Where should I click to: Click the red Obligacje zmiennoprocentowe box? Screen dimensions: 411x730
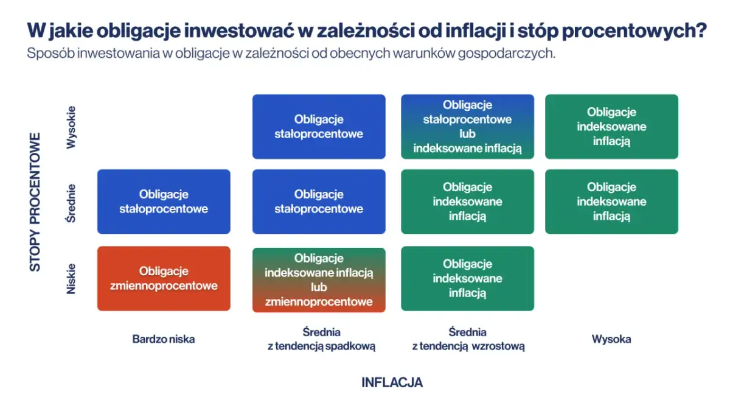pyautogui.click(x=164, y=279)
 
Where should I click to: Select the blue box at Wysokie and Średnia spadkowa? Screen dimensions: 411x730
pyautogui.click(x=319, y=127)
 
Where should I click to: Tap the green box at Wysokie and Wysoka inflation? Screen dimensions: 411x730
pyautogui.click(x=611, y=127)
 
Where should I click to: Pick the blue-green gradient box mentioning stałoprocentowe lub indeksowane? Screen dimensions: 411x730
pyautogui.click(x=467, y=127)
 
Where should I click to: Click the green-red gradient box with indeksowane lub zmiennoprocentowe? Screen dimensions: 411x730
pyautogui.click(x=319, y=279)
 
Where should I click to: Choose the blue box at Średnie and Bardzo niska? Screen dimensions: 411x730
pyautogui.click(x=164, y=202)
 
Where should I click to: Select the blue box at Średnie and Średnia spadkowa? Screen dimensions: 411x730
pyautogui.click(x=319, y=202)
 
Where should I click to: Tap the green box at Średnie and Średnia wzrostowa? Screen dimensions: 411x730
pyautogui.click(x=467, y=202)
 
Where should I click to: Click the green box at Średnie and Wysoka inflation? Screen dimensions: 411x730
pyautogui.click(x=611, y=202)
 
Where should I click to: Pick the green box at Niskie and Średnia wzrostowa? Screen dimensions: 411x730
pyautogui.click(x=467, y=279)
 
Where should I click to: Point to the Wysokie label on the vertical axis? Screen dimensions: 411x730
pyautogui.click(x=72, y=127)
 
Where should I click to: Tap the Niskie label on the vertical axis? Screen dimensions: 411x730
pyautogui.click(x=72, y=279)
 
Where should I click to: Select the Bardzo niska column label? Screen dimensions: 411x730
pyautogui.click(x=164, y=339)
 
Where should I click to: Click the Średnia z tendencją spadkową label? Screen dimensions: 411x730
pyautogui.click(x=321, y=339)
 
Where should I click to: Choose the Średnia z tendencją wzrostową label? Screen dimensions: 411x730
pyautogui.click(x=468, y=339)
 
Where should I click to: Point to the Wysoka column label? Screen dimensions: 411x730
pyautogui.click(x=611, y=339)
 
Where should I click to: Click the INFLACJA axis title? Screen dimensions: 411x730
pyautogui.click(x=392, y=382)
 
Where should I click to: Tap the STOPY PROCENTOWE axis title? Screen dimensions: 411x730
pyautogui.click(x=35, y=202)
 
